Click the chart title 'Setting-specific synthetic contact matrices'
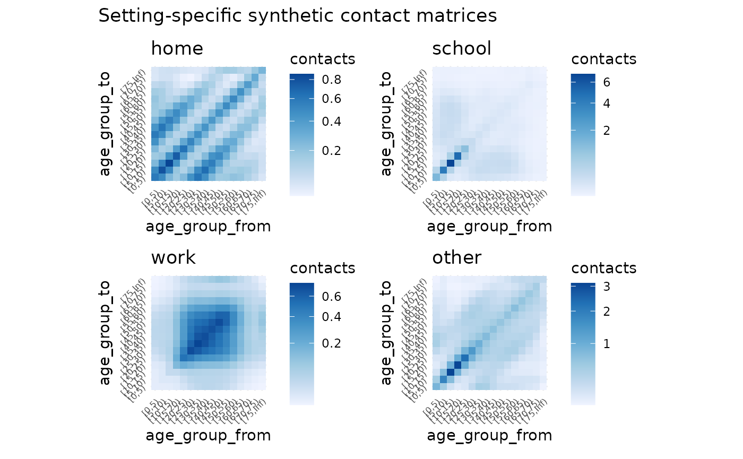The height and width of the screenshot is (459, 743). pos(297,16)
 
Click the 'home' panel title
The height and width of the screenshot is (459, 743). pos(177,49)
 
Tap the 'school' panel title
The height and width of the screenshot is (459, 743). pos(461,49)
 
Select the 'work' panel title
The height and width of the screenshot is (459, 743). pos(173,258)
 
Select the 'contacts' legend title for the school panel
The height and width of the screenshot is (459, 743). pos(603,59)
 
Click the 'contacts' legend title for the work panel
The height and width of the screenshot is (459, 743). pos(322,268)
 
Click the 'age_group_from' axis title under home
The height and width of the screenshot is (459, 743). pos(208,227)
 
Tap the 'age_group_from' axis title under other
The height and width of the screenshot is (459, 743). pos(489,436)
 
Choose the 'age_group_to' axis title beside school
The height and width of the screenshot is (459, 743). pos(386,123)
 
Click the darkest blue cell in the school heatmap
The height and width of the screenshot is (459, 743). pos(451,163)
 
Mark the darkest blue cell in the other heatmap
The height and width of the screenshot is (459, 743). pos(451,371)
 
